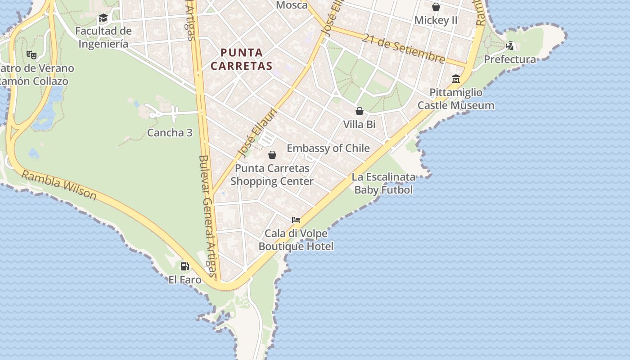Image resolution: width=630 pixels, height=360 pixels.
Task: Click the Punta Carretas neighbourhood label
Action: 241,59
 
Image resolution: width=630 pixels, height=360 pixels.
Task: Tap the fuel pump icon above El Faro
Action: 184,266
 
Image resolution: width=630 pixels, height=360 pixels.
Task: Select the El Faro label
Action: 185,279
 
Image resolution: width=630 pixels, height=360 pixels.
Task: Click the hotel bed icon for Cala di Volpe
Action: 296,220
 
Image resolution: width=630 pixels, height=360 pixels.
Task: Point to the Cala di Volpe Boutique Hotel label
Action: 296,240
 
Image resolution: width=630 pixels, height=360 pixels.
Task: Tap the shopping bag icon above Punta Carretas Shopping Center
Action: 272,155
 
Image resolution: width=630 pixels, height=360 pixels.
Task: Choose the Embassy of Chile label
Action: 328,148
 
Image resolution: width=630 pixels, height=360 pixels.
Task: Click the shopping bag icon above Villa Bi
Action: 360,111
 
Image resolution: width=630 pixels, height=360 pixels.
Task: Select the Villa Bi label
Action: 359,124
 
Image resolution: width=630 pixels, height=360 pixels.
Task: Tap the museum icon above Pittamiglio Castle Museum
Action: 456,79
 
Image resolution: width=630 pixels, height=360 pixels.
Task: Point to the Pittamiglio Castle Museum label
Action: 456,99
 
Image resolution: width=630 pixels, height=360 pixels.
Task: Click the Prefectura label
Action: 510,59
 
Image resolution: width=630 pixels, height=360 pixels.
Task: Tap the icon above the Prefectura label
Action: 510,46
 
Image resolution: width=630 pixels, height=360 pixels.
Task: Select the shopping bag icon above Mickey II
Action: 436,7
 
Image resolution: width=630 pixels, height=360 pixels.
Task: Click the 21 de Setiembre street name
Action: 404,49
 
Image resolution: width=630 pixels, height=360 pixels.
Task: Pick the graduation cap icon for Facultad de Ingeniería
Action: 103,18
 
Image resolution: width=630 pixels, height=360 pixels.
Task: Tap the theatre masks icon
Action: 31,55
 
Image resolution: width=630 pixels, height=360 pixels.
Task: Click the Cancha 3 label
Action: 170,133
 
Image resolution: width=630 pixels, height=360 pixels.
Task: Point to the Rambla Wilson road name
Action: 59,185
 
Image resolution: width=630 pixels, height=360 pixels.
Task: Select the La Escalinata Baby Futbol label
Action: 383,183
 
